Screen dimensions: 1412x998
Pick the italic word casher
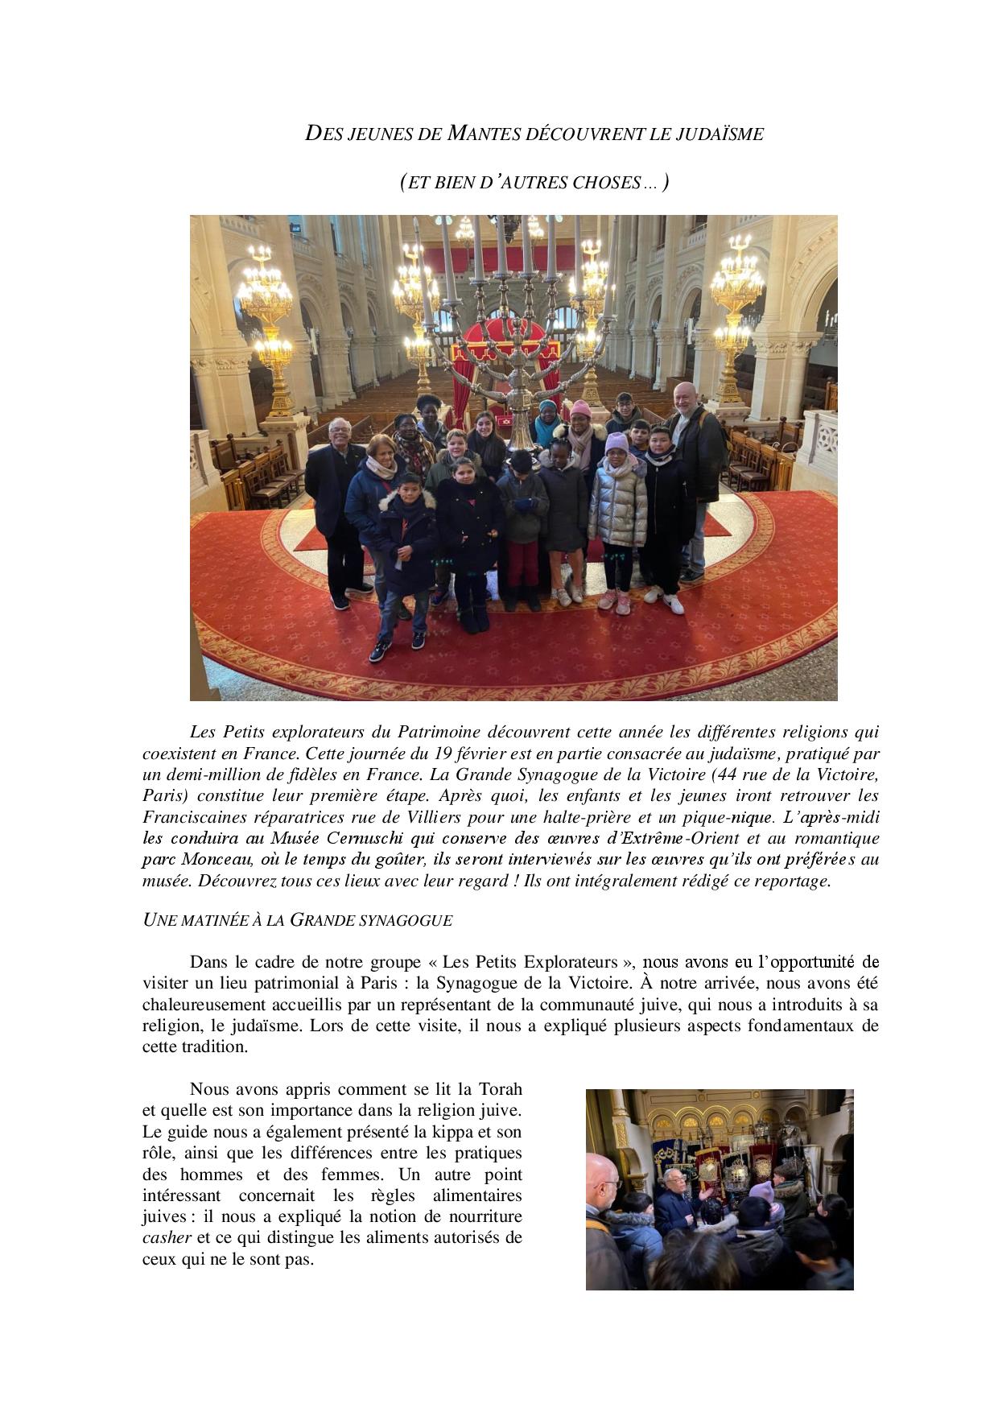167,1237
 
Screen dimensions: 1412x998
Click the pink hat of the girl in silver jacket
617,442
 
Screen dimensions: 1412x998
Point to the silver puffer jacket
617,500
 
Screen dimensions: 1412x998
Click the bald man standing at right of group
695,451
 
